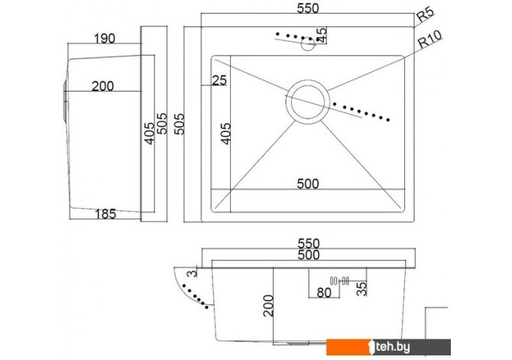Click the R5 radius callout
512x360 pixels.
(x=426, y=15)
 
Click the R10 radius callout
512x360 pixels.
(x=429, y=39)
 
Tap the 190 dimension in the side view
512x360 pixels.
(x=105, y=38)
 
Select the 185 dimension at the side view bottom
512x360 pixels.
(x=105, y=214)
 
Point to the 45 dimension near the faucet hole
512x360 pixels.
(x=322, y=35)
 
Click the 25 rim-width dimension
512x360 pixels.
(x=219, y=80)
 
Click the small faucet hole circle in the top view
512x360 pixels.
(x=308, y=44)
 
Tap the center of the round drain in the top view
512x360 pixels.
(x=308, y=102)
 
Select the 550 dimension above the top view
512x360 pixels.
(x=308, y=8)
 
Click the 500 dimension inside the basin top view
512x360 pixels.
(x=308, y=184)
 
